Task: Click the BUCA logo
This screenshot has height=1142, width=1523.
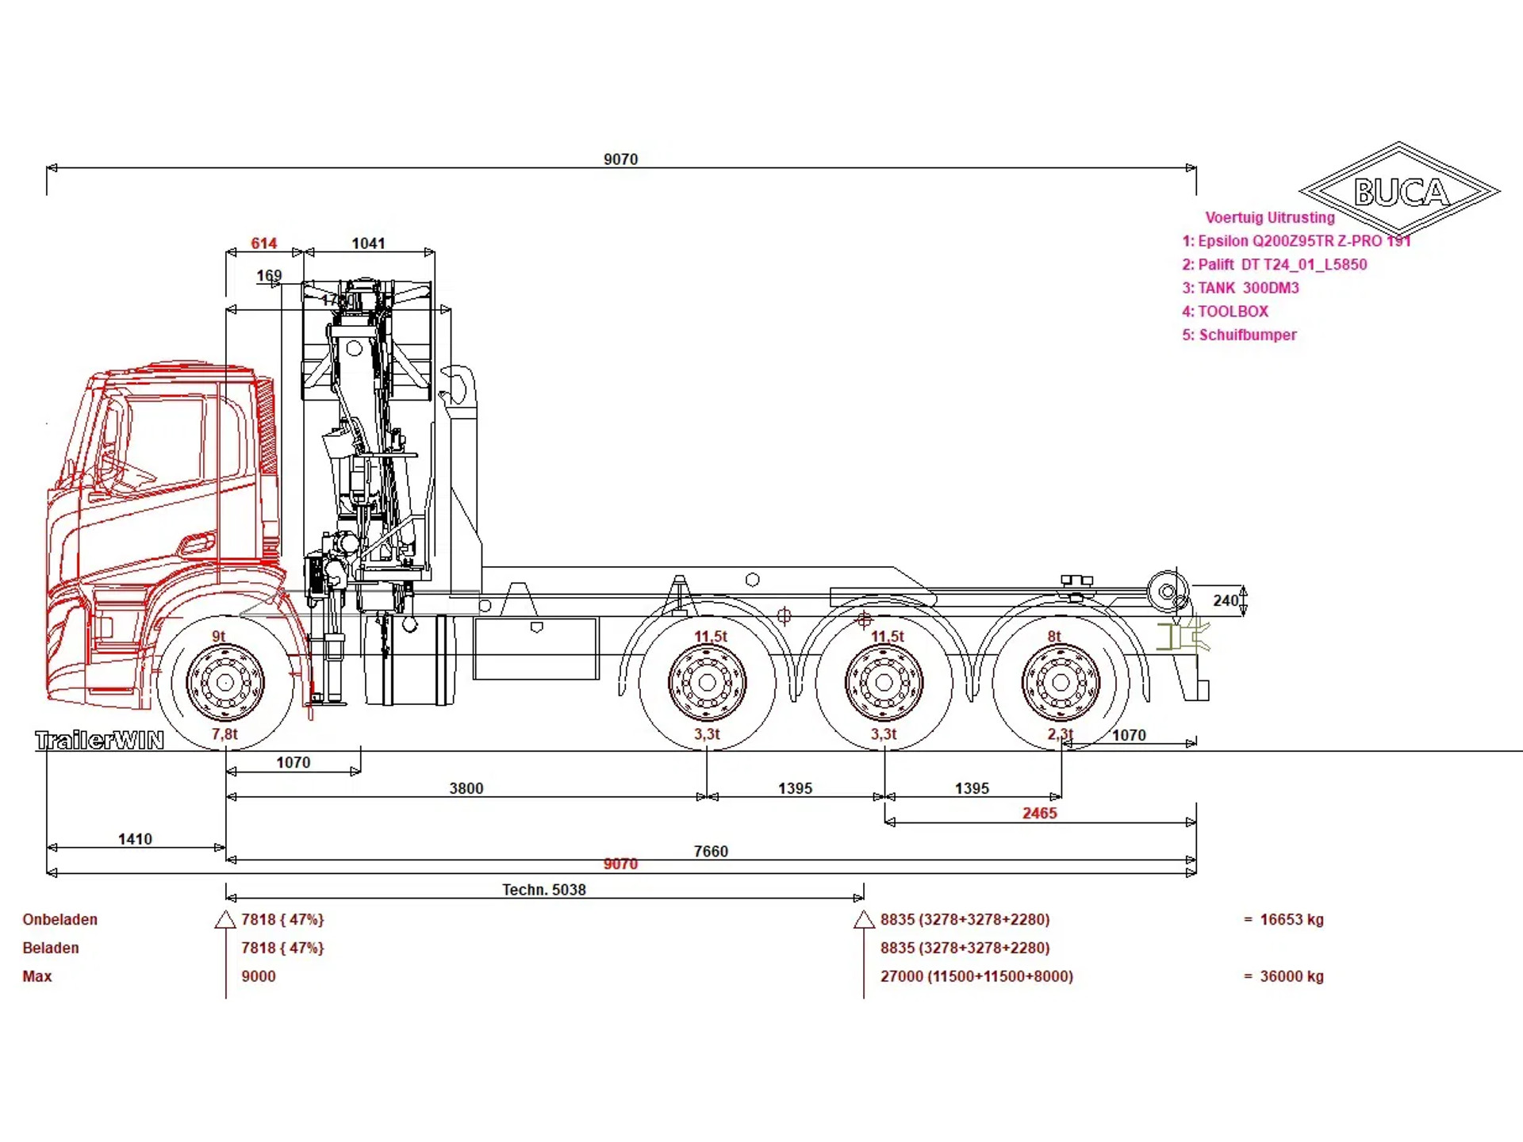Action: [1400, 190]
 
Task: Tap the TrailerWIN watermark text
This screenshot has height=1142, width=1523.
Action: [100, 741]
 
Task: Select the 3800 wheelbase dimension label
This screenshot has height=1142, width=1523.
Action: [466, 788]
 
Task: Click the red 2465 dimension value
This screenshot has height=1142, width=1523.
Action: [1039, 813]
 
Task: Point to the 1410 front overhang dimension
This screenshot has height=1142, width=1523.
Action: [135, 839]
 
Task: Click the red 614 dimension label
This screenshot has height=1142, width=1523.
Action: [263, 243]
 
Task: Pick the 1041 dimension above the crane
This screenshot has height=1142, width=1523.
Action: [368, 243]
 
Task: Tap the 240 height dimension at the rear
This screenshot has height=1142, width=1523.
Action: [1226, 600]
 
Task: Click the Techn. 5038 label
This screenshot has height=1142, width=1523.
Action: [544, 890]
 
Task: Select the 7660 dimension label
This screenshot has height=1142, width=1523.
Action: [711, 851]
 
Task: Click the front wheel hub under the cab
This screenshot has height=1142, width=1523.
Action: [225, 682]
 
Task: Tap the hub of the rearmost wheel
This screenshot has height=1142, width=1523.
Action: [1061, 682]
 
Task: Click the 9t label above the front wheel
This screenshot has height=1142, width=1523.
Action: [219, 636]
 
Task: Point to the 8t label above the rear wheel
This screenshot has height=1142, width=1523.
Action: [1054, 636]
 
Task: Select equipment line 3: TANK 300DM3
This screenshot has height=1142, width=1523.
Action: [1241, 288]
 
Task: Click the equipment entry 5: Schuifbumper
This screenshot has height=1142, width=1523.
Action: [1239, 335]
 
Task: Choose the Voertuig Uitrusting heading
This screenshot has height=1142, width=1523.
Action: [1269, 217]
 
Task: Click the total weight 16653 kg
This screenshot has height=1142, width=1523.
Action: [1291, 920]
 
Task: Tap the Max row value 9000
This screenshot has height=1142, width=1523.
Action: [259, 976]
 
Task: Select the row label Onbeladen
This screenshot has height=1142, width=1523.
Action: [60, 920]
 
